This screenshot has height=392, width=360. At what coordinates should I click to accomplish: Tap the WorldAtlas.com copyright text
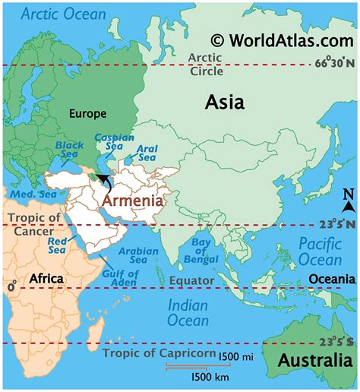(282, 40)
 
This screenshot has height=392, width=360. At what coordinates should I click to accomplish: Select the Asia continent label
(225, 103)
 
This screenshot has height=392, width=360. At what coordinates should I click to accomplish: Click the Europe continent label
(88, 113)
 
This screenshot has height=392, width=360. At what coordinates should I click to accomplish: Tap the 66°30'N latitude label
(332, 63)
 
